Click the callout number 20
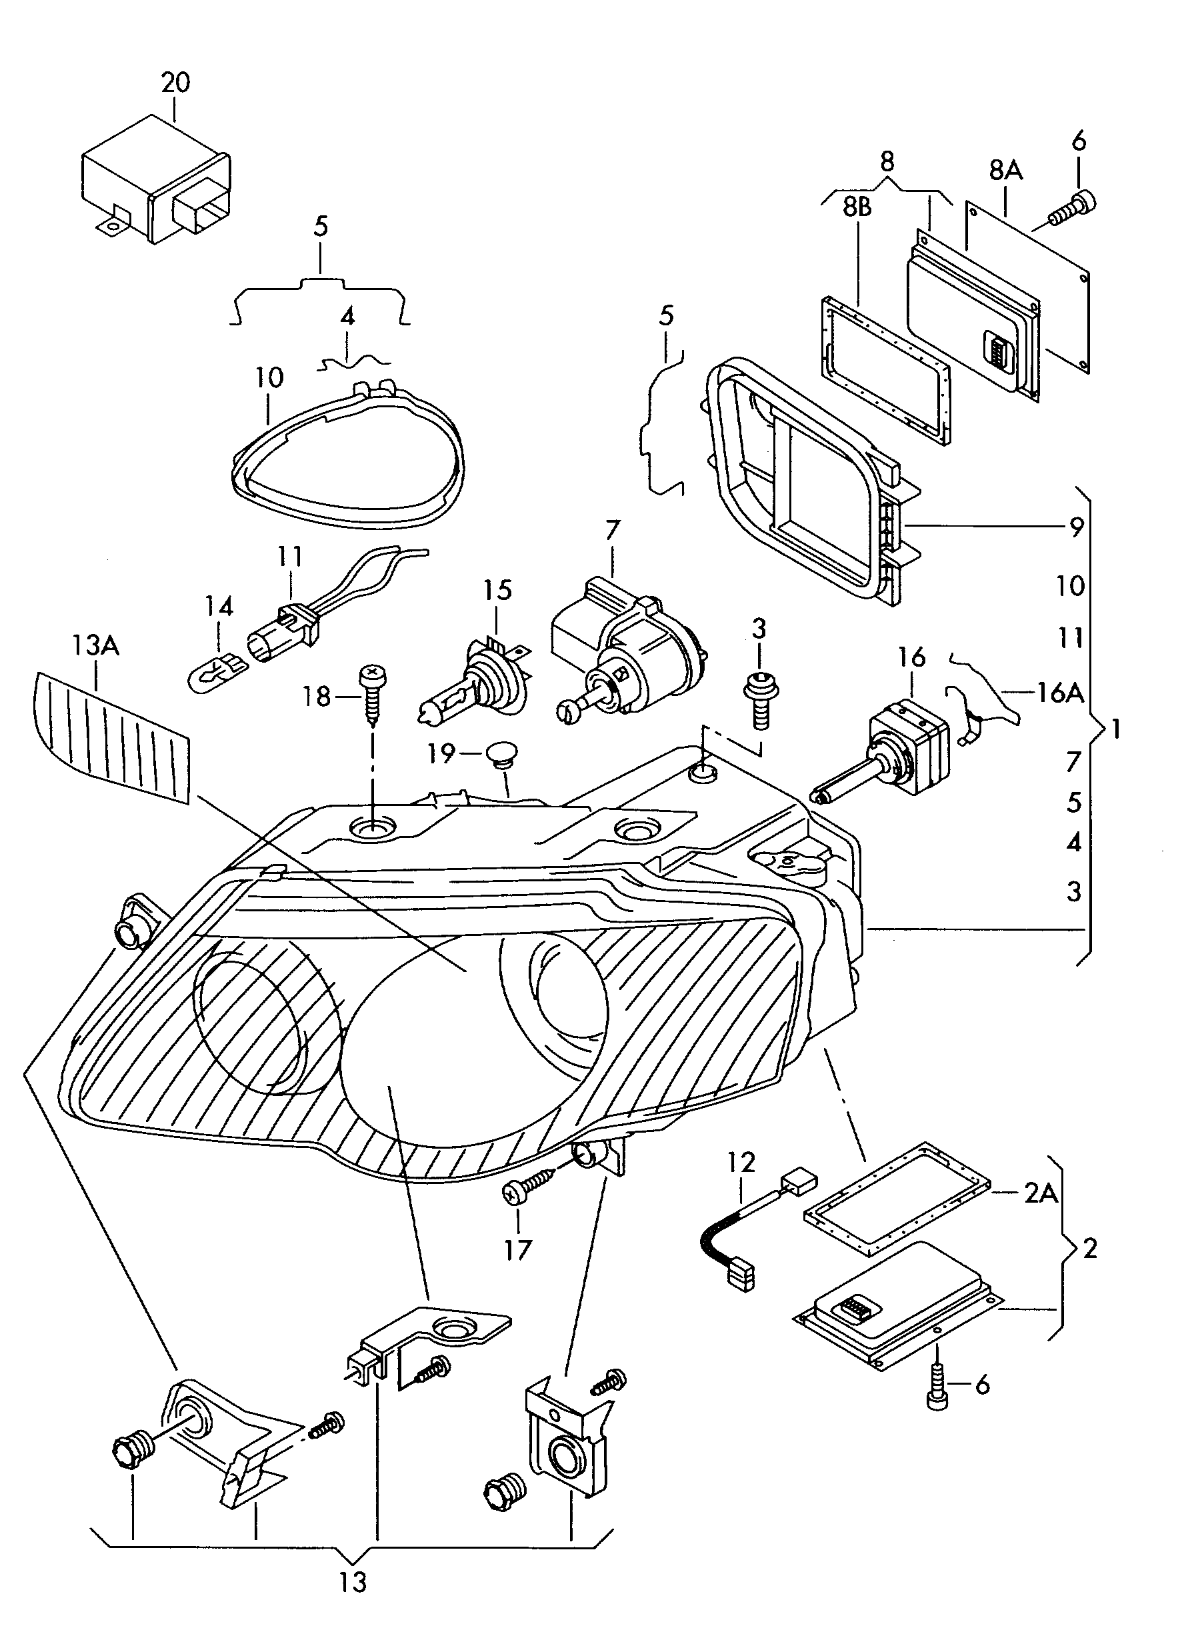pos(175,82)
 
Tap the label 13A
pos(96,646)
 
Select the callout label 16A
pos(1061,693)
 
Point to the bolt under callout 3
pos(759,697)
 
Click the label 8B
pos(857,208)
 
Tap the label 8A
pos(1005,171)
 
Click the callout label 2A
pos(1041,1193)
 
